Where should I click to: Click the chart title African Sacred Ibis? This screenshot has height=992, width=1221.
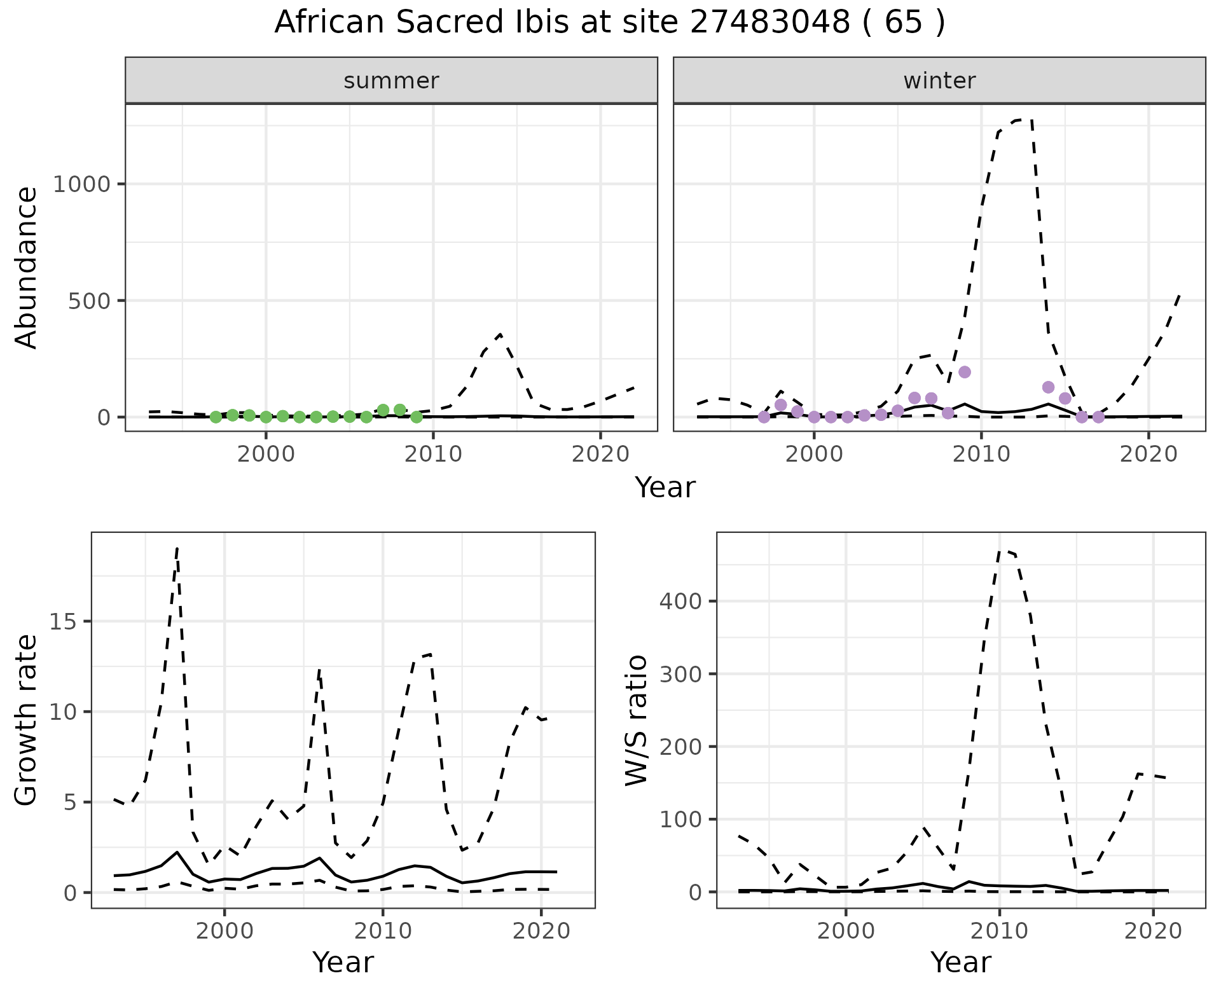(x=609, y=23)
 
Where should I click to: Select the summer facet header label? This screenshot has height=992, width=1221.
(x=391, y=81)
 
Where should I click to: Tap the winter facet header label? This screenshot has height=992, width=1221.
(x=939, y=81)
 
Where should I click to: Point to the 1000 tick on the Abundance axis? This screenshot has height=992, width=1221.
(x=82, y=184)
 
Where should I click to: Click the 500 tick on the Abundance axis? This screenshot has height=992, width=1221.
(x=88, y=301)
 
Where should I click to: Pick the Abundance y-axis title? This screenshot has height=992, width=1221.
(x=27, y=267)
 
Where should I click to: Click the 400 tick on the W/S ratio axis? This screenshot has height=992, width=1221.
(x=679, y=602)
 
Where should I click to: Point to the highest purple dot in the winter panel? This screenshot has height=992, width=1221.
(x=965, y=372)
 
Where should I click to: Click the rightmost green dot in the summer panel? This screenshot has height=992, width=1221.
(x=417, y=417)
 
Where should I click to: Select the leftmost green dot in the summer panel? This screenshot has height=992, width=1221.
(x=216, y=417)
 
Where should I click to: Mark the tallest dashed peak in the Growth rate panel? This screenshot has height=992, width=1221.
(x=177, y=548)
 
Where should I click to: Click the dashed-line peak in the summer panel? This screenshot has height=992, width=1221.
(x=501, y=334)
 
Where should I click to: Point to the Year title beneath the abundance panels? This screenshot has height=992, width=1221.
(x=665, y=488)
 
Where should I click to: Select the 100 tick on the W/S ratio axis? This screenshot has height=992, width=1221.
(x=679, y=820)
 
